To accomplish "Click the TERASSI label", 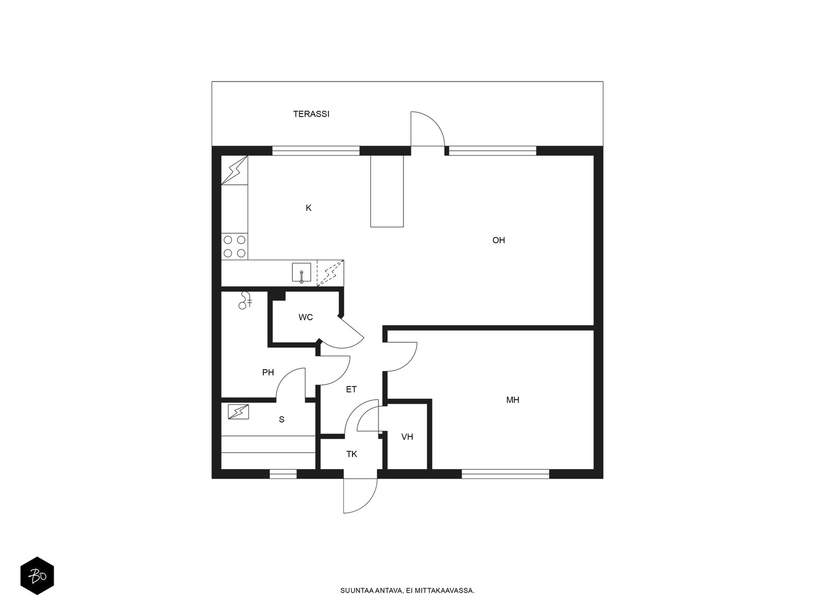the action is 311,114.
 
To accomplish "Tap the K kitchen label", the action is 309,208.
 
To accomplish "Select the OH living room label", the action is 499,240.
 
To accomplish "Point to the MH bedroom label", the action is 513,400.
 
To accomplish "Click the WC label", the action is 306,317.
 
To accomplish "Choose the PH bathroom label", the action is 268,373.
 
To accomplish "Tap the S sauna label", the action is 282,420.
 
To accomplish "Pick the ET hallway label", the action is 351,390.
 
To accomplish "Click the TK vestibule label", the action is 351,454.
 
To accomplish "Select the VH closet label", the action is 407,437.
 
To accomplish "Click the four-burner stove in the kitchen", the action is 235,246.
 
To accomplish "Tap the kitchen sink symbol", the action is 301,273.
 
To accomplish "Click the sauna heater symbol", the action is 238,412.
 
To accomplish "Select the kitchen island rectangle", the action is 387,191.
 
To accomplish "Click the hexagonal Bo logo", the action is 37,576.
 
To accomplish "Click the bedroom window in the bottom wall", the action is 505,474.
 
